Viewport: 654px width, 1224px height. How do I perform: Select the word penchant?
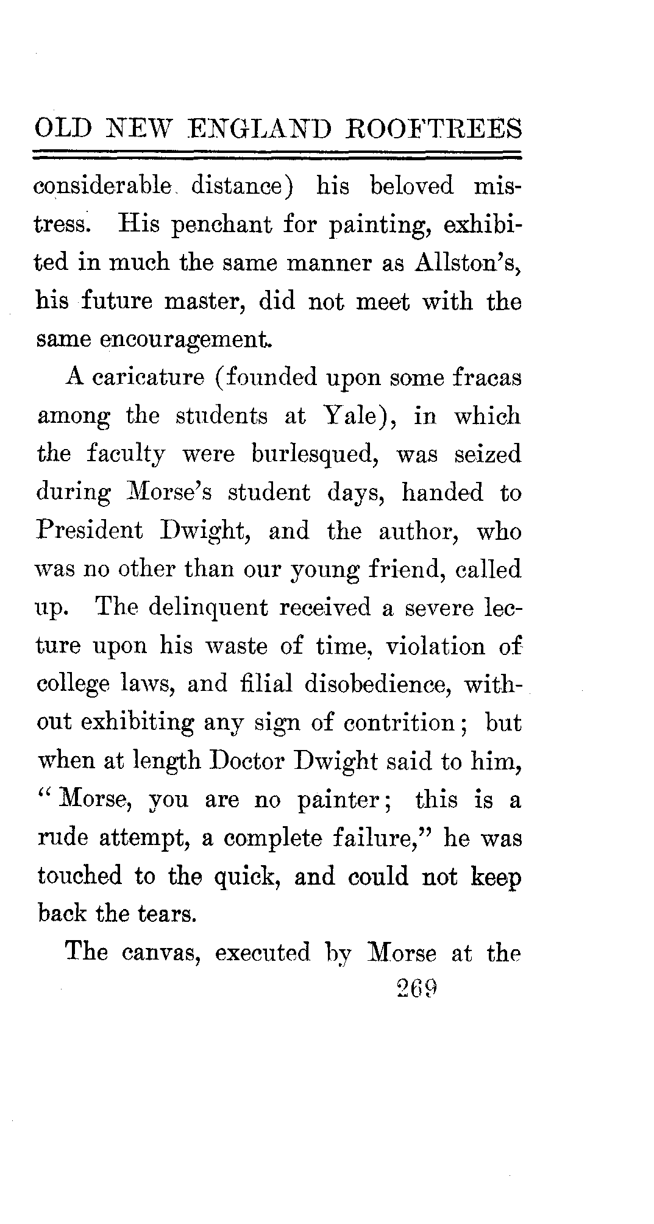(222, 225)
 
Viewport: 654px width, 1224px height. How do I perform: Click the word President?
(90, 531)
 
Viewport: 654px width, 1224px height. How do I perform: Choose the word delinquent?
(208, 608)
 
